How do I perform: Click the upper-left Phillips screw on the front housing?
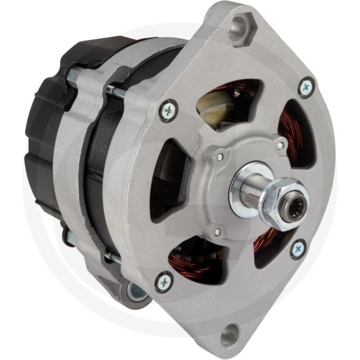point(169,110)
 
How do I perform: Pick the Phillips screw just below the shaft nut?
point(298,250)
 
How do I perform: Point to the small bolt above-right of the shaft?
point(280,146)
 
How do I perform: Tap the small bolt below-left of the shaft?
point(217,232)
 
